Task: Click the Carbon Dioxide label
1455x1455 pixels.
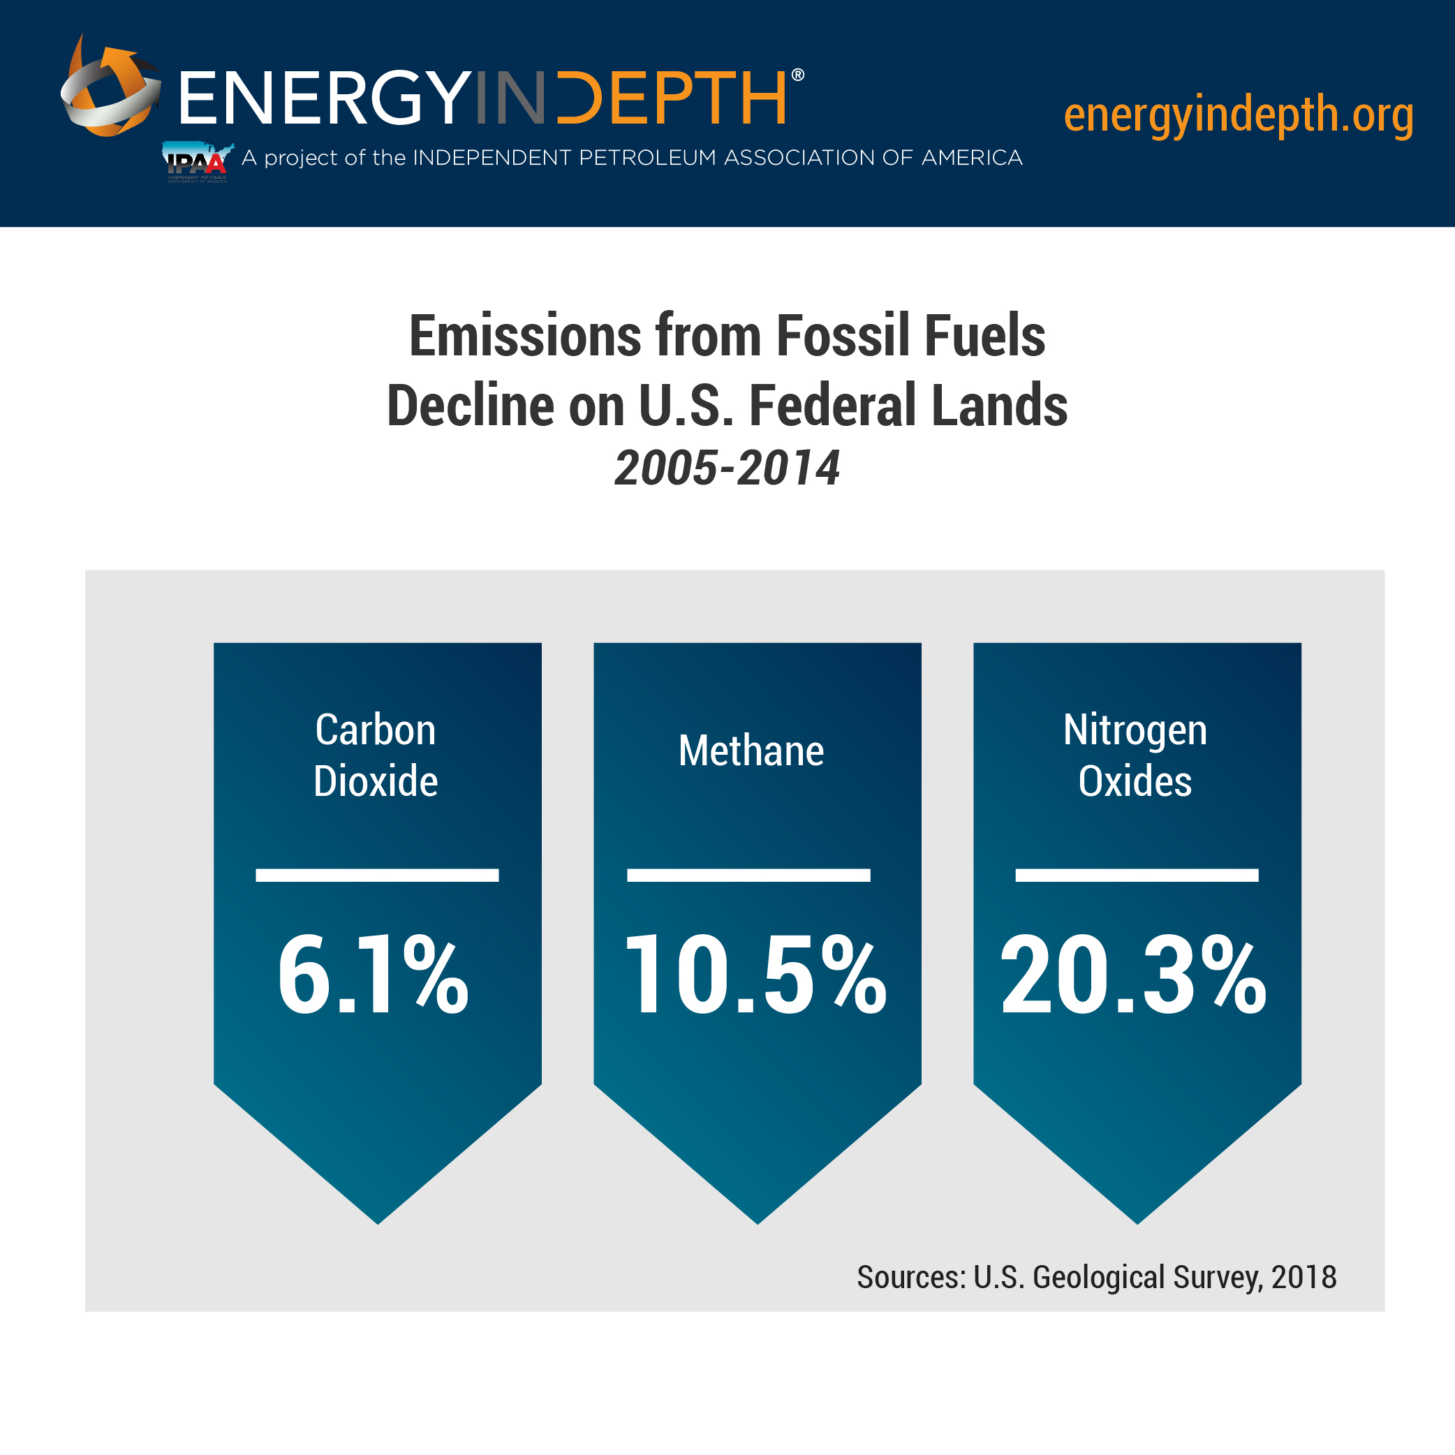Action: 376,755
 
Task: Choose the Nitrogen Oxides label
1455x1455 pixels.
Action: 1135,755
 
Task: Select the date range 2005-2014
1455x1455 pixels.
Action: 727,468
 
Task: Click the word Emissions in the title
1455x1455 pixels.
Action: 524,336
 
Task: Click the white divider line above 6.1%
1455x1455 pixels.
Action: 376,875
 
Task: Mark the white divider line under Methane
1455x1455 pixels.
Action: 748,875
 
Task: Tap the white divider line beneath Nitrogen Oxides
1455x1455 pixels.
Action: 1137,875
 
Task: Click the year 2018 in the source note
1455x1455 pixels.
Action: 1303,1276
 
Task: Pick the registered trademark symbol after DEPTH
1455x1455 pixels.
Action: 798,75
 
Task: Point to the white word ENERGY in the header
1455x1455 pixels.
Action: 325,98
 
